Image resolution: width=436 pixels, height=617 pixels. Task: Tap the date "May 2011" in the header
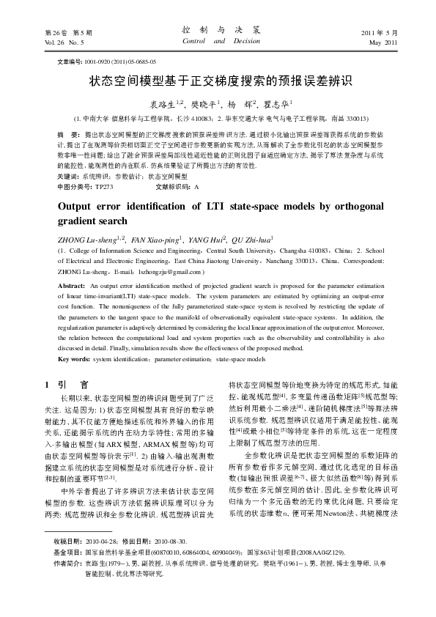pyautogui.click(x=383, y=43)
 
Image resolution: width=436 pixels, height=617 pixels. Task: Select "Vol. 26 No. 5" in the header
pyautogui.click(x=54, y=43)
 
